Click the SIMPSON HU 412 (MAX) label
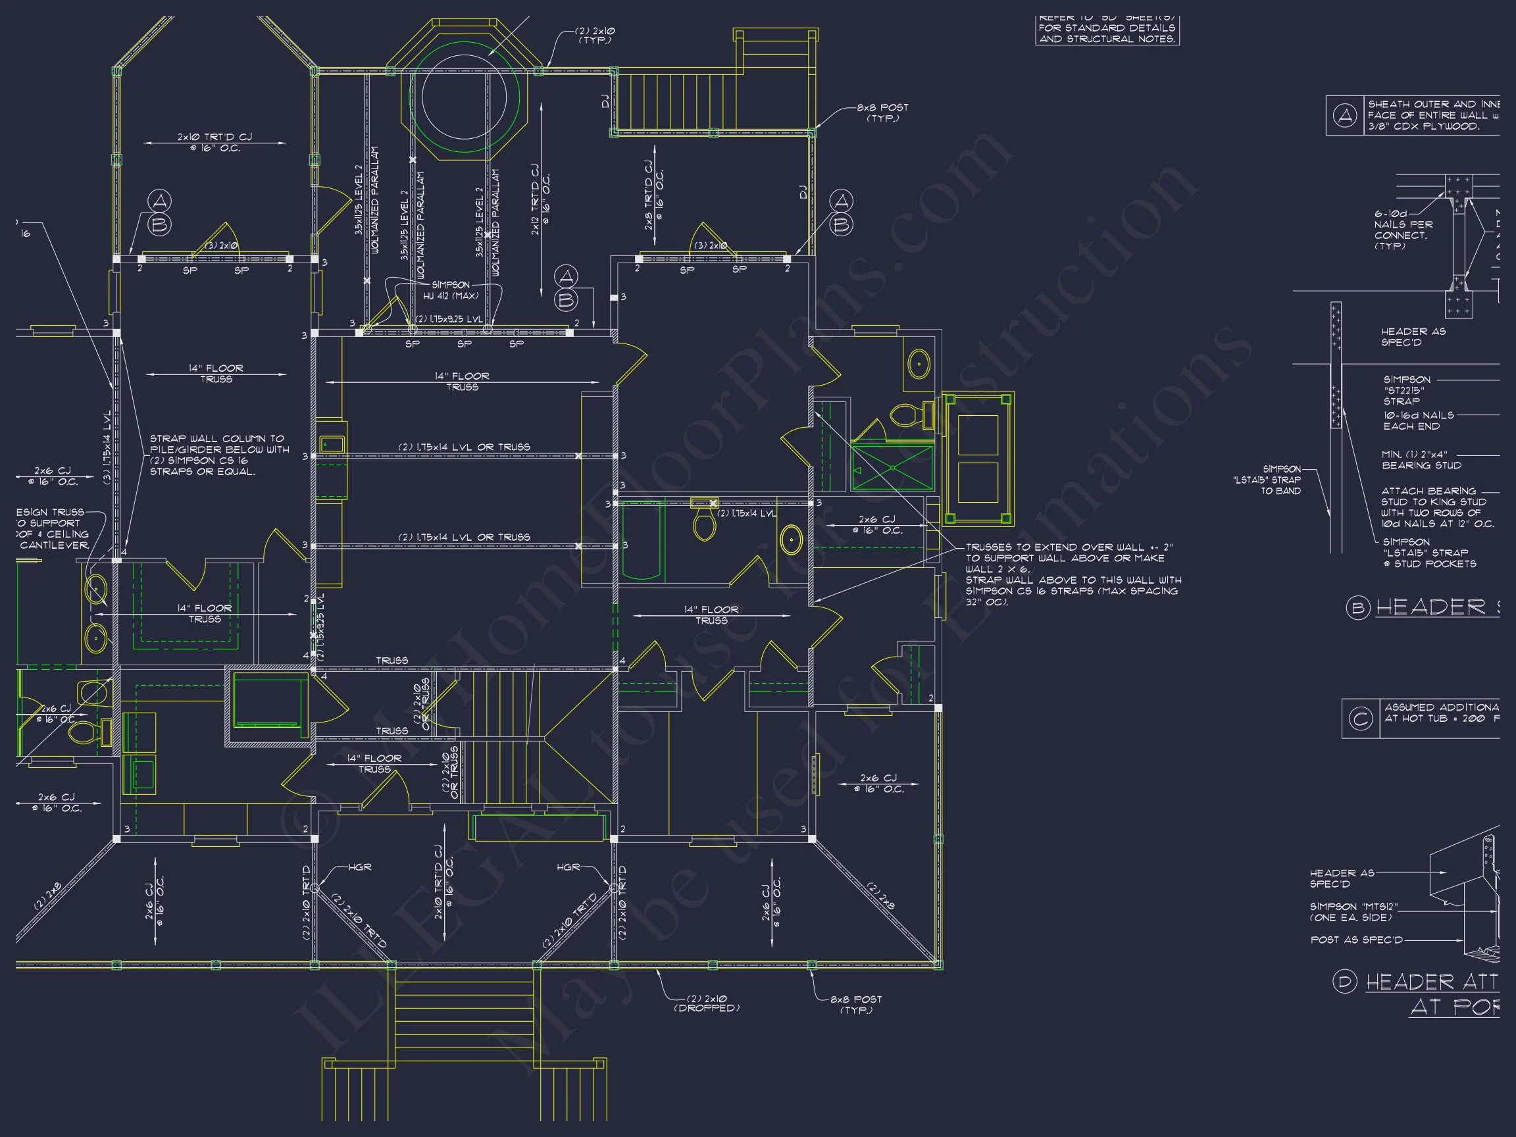450,291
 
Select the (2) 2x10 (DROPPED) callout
707,1003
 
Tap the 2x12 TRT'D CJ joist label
540,199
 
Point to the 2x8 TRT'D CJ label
653,195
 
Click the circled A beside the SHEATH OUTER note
1345,116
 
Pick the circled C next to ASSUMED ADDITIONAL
1361,719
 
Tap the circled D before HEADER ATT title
1345,982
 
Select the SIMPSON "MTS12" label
1353,911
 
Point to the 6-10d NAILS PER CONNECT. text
1403,230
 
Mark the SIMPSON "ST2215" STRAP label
1406,390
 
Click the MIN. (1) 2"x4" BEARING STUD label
1421,460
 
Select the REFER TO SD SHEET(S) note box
1107,30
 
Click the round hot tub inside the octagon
465,97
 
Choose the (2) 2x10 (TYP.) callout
594,36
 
